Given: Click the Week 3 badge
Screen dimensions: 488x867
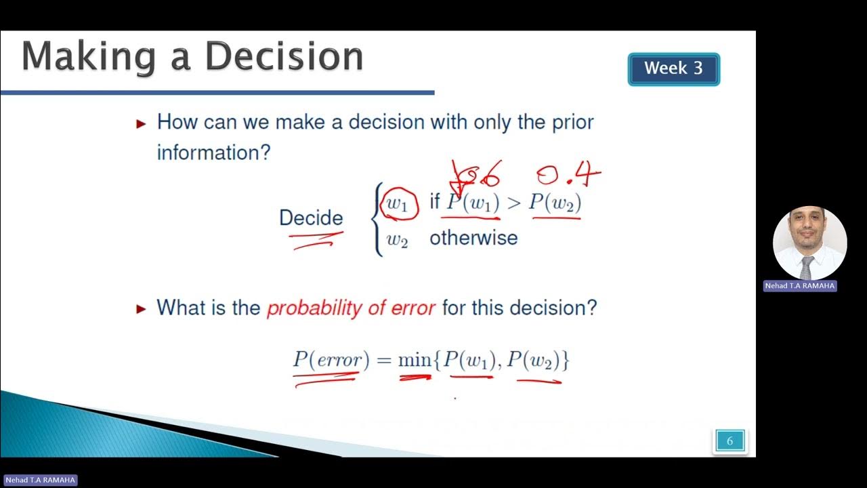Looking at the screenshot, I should point(673,68).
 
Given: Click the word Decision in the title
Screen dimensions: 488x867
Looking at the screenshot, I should point(284,57).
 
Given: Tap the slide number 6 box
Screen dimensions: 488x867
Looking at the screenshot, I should point(729,441).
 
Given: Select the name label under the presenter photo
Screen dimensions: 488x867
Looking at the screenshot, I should point(800,286).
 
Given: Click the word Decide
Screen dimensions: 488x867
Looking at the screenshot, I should point(311,218).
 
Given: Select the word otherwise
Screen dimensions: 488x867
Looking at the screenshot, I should point(473,238).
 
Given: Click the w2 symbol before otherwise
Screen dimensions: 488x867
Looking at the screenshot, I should point(397,239).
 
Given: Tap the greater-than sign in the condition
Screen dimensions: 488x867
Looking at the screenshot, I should point(513,203).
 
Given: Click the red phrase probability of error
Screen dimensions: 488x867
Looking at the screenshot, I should point(350,308).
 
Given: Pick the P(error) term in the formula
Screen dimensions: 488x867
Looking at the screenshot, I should point(331,360).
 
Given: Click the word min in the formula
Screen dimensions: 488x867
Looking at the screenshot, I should point(414,361).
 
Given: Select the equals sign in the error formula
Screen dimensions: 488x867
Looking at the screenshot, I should point(383,361).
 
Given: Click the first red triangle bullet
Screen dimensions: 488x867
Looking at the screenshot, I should point(141,123).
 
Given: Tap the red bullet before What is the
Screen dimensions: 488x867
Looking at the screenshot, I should point(141,309).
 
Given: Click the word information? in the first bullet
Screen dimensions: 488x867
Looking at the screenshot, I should point(213,152).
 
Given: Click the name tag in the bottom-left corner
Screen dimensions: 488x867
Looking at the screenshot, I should point(41,480).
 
